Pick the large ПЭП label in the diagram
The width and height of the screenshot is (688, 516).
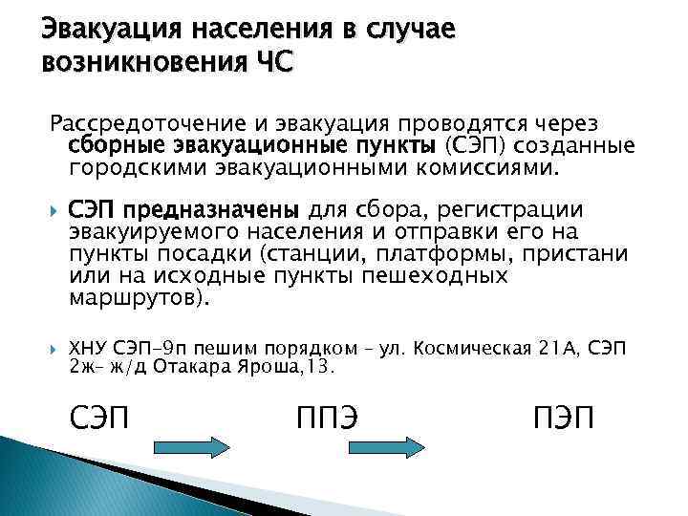(563, 418)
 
